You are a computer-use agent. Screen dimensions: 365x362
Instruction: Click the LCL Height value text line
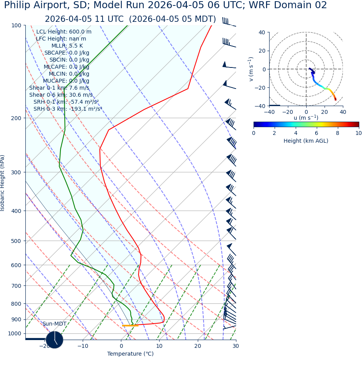pyautogui.click(x=64, y=32)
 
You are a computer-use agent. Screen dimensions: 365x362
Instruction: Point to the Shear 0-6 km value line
pyautogui.click(x=61, y=95)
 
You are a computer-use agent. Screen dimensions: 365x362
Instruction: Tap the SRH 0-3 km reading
pyautogui.click(x=67, y=109)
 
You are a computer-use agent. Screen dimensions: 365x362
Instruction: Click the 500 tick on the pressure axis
pyautogui.click(x=16, y=241)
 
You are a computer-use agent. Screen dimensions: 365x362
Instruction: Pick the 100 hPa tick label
pyautogui.click(x=16, y=25)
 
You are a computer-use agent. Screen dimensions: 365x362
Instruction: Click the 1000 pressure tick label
pyautogui.click(x=15, y=334)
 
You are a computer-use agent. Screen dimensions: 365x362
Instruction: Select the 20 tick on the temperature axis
pyautogui.click(x=198, y=346)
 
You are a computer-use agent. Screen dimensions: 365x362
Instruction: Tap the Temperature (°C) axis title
pyautogui.click(x=130, y=354)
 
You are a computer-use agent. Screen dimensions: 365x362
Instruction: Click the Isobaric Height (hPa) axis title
pyautogui.click(x=3, y=183)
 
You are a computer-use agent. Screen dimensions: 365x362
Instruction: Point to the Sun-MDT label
pyautogui.click(x=54, y=324)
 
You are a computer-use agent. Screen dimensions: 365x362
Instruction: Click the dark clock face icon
pyautogui.click(x=54, y=340)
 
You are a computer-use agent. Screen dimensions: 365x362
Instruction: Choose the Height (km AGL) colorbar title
pyautogui.click(x=306, y=141)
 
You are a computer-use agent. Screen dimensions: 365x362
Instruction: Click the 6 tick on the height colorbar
pyautogui.click(x=316, y=133)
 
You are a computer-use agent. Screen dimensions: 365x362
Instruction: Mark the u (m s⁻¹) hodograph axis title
pyautogui.click(x=306, y=118)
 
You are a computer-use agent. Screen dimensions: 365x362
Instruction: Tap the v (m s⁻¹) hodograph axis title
pyautogui.click(x=251, y=69)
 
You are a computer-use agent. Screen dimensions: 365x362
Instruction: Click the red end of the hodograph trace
pyautogui.click(x=335, y=99)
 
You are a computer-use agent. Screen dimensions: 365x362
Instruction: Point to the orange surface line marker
pyautogui.click(x=130, y=326)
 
